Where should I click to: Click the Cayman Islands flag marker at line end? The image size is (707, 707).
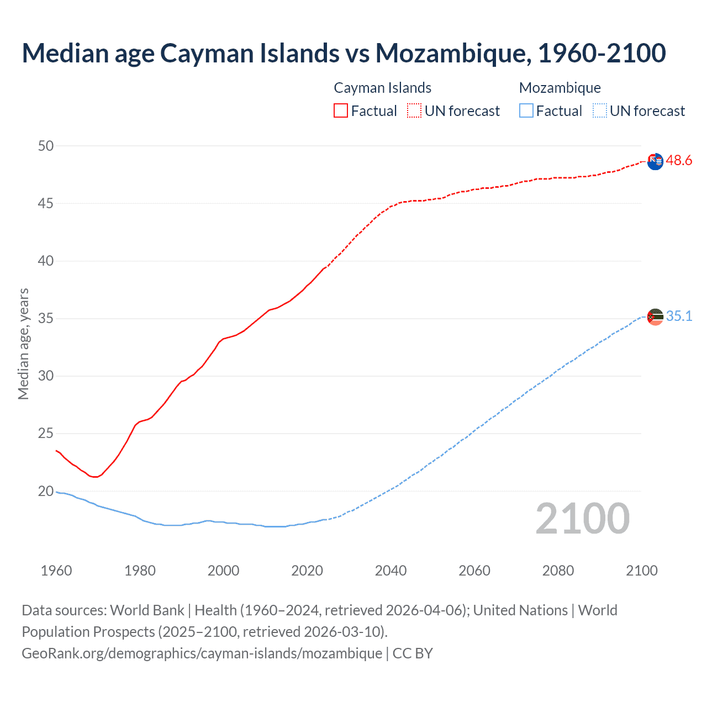point(655,161)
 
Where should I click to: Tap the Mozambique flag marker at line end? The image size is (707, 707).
point(655,317)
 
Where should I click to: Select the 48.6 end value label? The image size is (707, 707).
point(679,161)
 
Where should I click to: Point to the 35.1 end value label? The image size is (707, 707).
point(679,316)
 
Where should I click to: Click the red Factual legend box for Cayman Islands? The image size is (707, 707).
point(341,111)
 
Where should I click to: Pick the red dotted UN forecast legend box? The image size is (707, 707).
point(414,111)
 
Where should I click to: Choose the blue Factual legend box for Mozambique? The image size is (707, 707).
point(526,111)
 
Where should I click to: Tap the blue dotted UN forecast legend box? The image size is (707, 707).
point(599,111)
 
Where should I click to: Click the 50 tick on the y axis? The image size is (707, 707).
point(46,146)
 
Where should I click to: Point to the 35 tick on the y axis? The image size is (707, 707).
point(46,318)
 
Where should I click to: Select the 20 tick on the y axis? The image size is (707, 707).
point(46,491)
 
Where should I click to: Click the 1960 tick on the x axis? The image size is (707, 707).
point(56,571)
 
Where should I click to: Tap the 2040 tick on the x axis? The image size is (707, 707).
point(391,571)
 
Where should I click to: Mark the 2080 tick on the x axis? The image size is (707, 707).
point(558,571)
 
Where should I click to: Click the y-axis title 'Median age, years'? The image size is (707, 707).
point(23,344)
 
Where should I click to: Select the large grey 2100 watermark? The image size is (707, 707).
point(582,518)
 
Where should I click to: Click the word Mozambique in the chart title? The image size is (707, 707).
point(450,53)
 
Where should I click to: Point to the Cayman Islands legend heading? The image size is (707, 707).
point(382,88)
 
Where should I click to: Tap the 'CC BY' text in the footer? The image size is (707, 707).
point(413,653)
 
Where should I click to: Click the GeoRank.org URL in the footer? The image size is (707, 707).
point(202,653)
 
